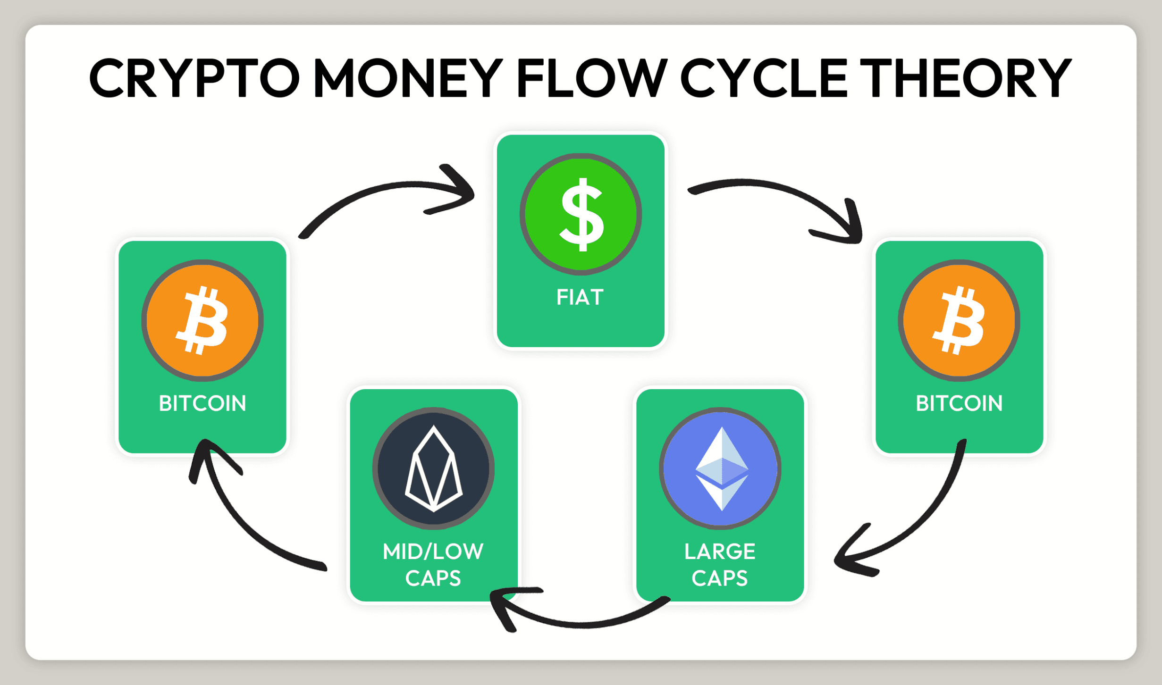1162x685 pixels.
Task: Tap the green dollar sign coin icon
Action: pos(581,214)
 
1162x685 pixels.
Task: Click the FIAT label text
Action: pos(580,298)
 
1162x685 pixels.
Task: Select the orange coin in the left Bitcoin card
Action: pos(202,320)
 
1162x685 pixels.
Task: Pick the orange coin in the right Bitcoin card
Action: pos(959,320)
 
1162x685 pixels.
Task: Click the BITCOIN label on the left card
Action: pos(202,404)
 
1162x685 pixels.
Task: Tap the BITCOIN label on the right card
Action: pos(959,404)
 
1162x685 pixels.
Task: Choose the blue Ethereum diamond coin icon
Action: pos(720,468)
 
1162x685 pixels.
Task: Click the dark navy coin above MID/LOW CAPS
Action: pos(433,468)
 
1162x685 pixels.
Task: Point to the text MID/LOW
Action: pos(433,551)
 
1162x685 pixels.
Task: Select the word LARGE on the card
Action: pos(720,551)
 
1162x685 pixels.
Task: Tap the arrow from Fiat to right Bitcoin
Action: pos(779,193)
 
